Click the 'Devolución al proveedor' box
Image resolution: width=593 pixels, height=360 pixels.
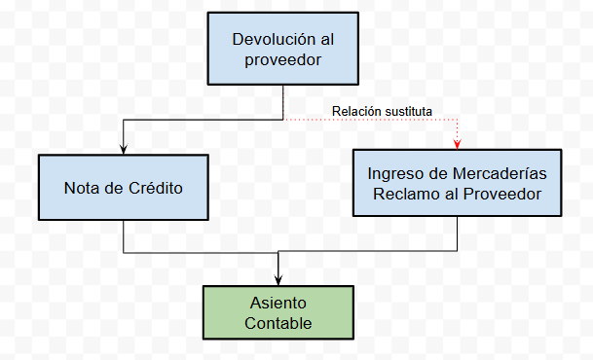pyautogui.click(x=283, y=49)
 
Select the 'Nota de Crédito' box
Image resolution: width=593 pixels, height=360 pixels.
pyautogui.click(x=124, y=187)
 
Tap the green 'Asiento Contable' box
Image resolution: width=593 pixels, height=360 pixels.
pyautogui.click(x=278, y=312)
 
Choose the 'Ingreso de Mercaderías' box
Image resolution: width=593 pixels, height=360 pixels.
pyautogui.click(x=458, y=183)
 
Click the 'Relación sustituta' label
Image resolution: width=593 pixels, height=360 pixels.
pyautogui.click(x=382, y=112)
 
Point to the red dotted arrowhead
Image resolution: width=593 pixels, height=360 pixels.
pyautogui.click(x=458, y=144)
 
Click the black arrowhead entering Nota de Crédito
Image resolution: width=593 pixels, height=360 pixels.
pyautogui.click(x=124, y=149)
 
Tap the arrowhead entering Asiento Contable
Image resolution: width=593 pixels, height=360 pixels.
pyautogui.click(x=278, y=280)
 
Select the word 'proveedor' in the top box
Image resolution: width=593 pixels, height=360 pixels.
pyautogui.click(x=283, y=60)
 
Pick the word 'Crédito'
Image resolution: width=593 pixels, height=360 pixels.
pyautogui.click(x=156, y=188)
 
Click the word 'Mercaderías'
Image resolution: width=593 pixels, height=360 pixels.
pyautogui.click(x=500, y=174)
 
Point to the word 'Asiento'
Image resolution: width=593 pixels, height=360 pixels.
pyautogui.click(x=278, y=303)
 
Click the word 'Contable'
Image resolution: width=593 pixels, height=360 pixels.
pyautogui.click(x=278, y=323)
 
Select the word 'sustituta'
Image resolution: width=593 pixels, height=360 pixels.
pyautogui.click(x=408, y=112)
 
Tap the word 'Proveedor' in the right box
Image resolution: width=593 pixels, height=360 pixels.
pyautogui.click(x=502, y=195)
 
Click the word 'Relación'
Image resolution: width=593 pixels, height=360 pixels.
pyautogui.click(x=356, y=112)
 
